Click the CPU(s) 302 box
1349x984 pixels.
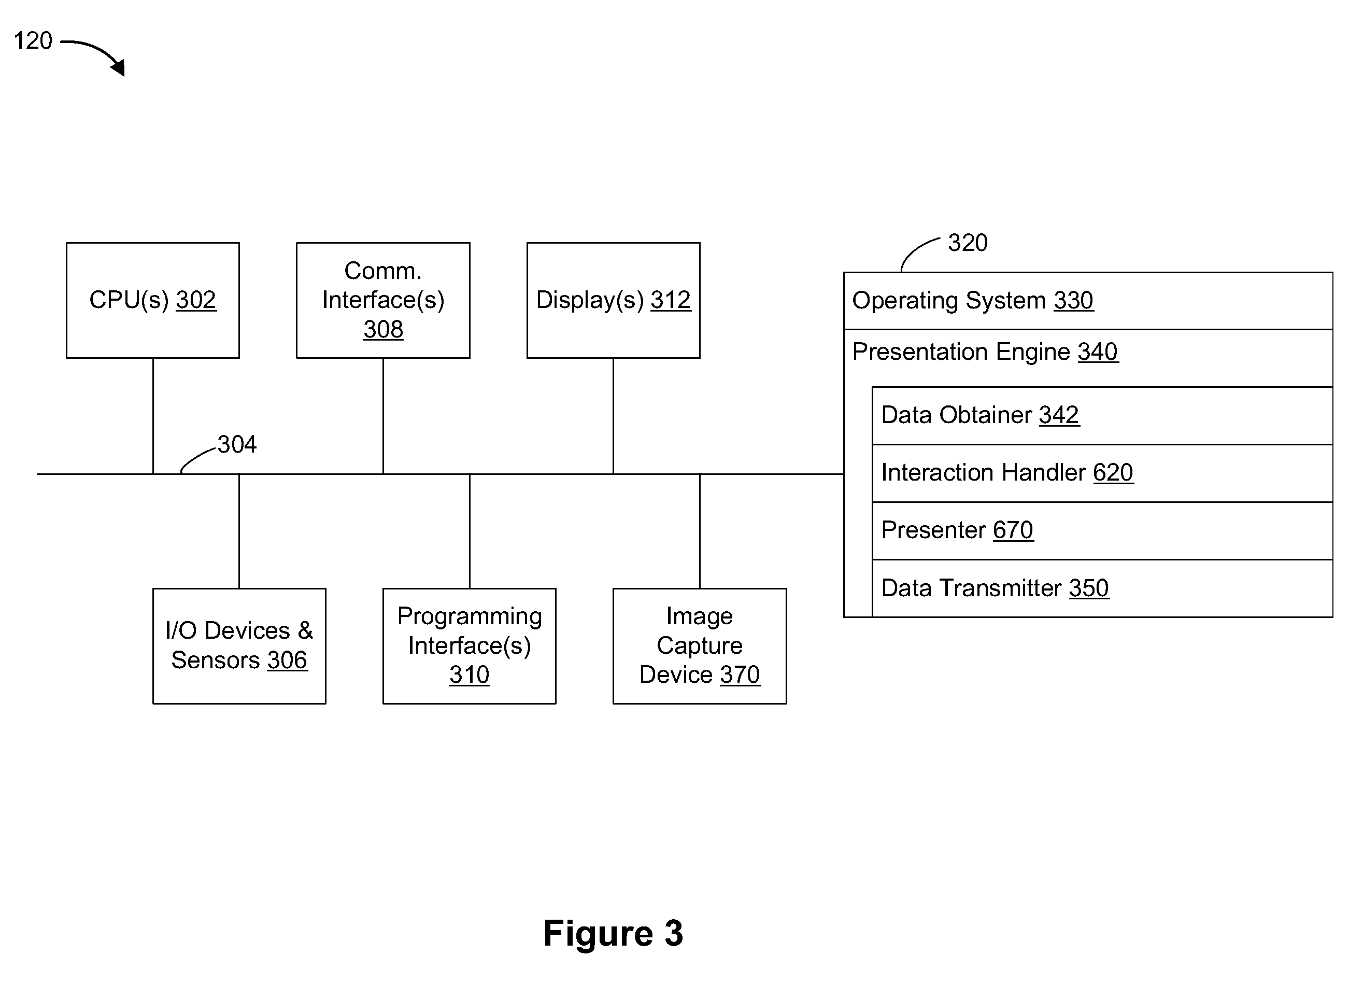coord(153,300)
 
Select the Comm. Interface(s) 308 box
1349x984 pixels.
coord(384,300)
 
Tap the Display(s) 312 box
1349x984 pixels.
coord(614,300)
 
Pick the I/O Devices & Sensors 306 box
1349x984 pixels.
coord(239,646)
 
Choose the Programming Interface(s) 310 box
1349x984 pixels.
coord(470,646)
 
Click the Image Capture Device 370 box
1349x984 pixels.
coord(700,646)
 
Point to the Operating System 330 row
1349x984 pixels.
coord(1088,301)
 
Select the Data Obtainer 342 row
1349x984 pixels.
coord(1102,416)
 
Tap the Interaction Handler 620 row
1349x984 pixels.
coord(1102,473)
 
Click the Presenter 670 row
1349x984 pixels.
coord(1102,531)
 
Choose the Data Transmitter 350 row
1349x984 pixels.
coord(1102,588)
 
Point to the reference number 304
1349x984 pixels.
coord(237,444)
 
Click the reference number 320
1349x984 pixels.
coord(968,243)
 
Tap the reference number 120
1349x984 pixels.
coord(33,40)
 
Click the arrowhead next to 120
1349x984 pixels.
coord(119,67)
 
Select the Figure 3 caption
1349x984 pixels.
coord(613,933)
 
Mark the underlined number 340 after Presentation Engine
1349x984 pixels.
coord(1098,352)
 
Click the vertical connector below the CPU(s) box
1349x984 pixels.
coord(153,416)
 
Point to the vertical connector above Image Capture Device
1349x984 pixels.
coord(700,531)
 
